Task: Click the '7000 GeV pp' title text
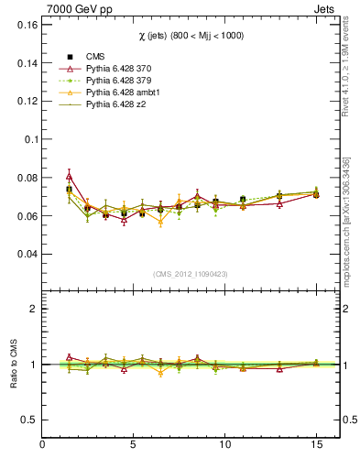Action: coord(73,9)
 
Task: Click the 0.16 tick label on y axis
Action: coord(24,25)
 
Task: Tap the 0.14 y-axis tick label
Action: coord(24,63)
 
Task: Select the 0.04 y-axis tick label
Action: coord(24,254)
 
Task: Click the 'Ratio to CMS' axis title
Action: coord(13,363)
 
